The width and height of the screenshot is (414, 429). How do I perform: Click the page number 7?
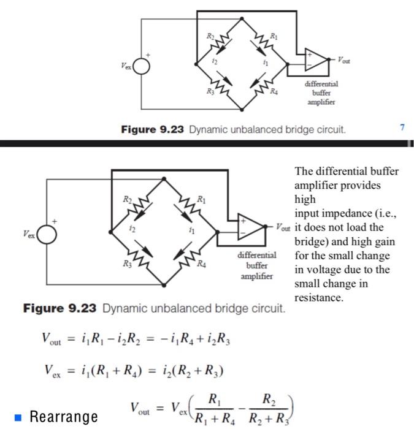pyautogui.click(x=402, y=127)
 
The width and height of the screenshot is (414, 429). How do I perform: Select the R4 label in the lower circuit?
pyautogui.click(x=201, y=264)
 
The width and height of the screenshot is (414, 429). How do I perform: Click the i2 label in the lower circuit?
pyautogui.click(x=131, y=228)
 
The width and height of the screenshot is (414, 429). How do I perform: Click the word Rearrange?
pyautogui.click(x=64, y=417)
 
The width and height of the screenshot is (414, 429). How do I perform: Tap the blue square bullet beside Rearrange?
pyautogui.click(x=19, y=417)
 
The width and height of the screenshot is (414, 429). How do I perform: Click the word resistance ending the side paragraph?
pyautogui.click(x=319, y=298)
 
